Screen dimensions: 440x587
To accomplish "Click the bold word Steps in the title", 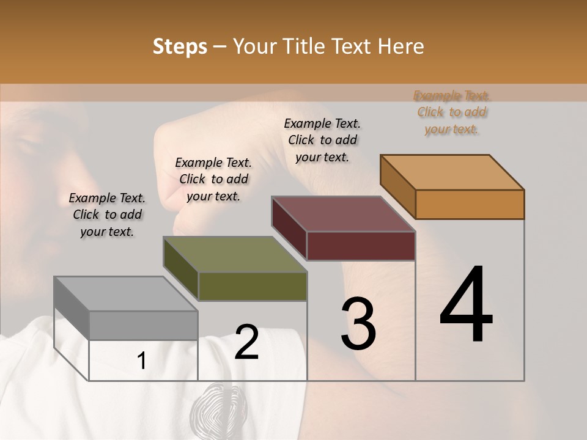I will click(x=180, y=46).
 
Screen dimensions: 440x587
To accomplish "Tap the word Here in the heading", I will click(x=399, y=46).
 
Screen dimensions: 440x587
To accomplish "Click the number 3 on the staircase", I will click(x=358, y=324).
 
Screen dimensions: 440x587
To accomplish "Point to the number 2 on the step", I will click(x=247, y=342).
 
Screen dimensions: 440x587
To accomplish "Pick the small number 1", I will click(x=141, y=361).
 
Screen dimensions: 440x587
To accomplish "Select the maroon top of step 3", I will click(x=343, y=214).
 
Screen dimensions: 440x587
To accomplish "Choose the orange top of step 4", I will click(x=452, y=172).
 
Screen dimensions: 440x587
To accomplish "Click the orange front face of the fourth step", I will click(x=470, y=204).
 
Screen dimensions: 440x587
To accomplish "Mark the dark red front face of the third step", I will click(x=361, y=246).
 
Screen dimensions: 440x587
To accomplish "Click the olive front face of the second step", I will click(x=253, y=286).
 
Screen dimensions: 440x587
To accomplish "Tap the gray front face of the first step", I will click(x=143, y=325).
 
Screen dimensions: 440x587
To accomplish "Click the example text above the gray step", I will click(x=107, y=215).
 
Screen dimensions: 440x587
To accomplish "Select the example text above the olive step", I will click(x=213, y=179).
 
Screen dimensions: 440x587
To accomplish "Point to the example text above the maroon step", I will click(x=322, y=140).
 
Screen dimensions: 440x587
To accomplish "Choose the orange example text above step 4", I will click(x=452, y=112).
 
